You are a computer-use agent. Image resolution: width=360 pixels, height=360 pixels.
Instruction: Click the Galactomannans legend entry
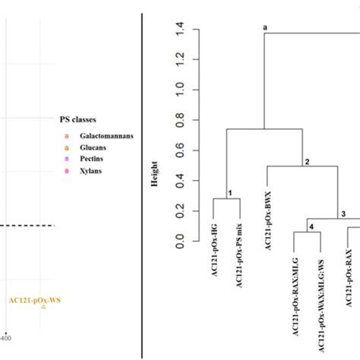click(x=99, y=135)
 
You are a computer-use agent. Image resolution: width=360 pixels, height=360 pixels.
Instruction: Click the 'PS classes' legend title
click(x=81, y=119)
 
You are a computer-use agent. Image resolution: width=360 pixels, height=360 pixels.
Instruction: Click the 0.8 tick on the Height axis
click(x=179, y=120)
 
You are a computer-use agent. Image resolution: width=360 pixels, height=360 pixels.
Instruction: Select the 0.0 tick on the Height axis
click(x=179, y=242)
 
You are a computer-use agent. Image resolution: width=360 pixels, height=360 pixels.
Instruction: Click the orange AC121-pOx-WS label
click(x=35, y=300)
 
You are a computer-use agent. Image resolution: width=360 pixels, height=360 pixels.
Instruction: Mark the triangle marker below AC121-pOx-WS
click(x=43, y=308)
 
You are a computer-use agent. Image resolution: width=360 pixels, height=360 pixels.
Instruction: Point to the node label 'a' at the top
click(x=265, y=27)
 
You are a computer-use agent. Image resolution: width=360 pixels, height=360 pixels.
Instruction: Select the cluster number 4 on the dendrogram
click(x=309, y=227)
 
